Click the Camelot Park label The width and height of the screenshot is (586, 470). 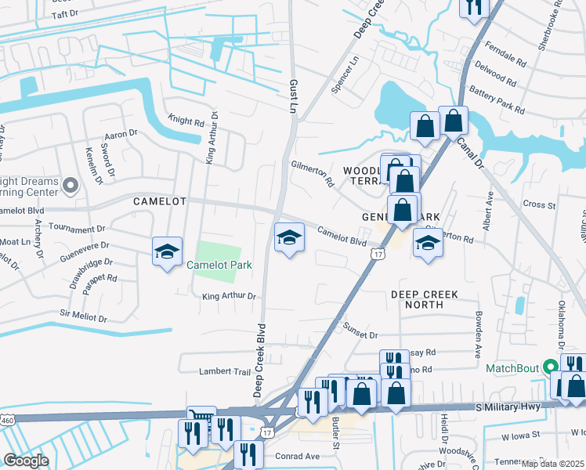click(219, 266)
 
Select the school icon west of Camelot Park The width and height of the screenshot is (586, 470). click(167, 251)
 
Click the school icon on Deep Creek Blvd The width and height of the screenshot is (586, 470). click(289, 237)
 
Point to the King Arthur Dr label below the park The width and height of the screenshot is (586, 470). click(230, 296)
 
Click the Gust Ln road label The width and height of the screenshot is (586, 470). click(294, 94)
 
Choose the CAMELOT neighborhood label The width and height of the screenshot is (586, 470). click(160, 201)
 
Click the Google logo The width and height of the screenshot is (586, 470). click(26, 460)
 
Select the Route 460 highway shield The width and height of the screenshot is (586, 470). click(7, 421)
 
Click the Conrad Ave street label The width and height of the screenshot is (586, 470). click(297, 456)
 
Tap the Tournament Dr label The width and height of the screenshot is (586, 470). click(77, 229)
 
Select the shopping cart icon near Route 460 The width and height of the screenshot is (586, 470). click(201, 417)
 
